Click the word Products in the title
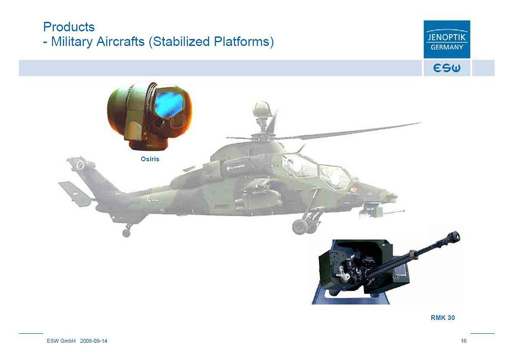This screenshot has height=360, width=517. [x=69, y=27]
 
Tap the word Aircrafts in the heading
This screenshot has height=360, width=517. [x=120, y=42]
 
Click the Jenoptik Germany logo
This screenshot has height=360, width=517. [x=447, y=39]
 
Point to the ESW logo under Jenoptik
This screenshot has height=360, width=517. [x=447, y=68]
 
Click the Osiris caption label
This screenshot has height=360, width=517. [x=150, y=159]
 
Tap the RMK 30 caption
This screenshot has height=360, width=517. [x=442, y=318]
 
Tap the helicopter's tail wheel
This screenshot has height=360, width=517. [x=126, y=233]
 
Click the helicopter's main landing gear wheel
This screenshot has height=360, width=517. [x=299, y=227]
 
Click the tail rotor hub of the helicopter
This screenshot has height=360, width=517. [x=80, y=165]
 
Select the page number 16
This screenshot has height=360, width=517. [x=463, y=341]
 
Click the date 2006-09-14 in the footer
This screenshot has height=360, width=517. [x=93, y=341]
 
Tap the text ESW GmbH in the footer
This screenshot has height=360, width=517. [x=61, y=341]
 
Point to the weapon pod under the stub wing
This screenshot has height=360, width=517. [x=261, y=198]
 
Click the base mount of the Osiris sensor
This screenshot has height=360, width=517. [x=148, y=143]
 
